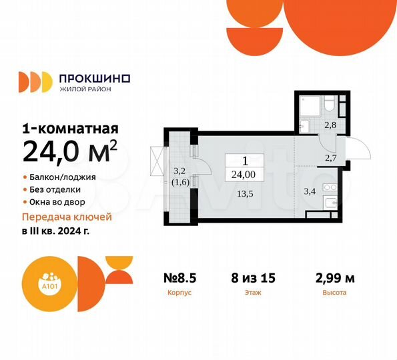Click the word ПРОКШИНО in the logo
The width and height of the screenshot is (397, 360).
pyautogui.click(x=95, y=78)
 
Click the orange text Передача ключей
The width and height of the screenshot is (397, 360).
pyautogui.click(x=67, y=217)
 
